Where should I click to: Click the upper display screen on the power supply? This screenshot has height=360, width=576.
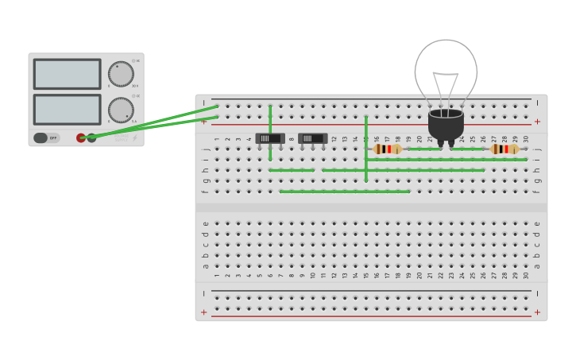coord(67,74)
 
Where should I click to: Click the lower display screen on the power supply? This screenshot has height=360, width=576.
coord(67,110)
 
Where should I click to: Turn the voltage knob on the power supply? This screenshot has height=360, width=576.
coord(121,74)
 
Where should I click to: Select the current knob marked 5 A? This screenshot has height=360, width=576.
coord(121,110)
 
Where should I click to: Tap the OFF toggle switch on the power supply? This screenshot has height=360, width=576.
coord(46,137)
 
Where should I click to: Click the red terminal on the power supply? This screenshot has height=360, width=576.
coord(81,137)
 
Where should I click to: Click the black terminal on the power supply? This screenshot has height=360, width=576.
coord(92,137)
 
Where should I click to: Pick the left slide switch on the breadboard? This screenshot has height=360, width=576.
coord(270,138)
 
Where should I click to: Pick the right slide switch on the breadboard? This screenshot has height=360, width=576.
coord(313,138)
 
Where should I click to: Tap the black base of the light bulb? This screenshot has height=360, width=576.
coord(446,126)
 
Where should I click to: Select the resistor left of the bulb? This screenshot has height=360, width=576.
coord(388,149)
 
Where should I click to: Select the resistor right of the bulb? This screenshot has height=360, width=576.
coord(504,149)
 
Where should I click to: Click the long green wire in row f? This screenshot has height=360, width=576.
coord(345,192)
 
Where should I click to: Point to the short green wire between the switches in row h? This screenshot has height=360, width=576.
coord(292,170)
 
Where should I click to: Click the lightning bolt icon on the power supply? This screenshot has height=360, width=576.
coord(134,137)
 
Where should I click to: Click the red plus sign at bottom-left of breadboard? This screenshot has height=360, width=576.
coord(204,312)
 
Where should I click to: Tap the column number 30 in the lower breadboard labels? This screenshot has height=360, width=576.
coord(526,275)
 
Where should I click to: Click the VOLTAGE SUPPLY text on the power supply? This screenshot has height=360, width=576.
coord(120,138)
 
